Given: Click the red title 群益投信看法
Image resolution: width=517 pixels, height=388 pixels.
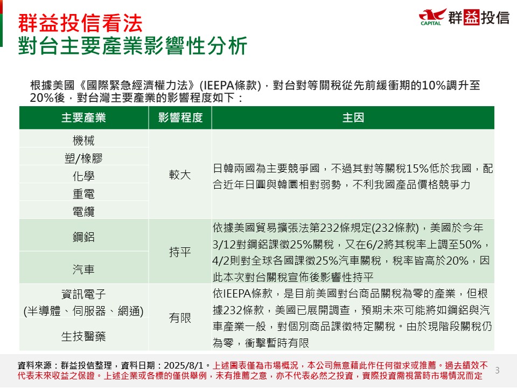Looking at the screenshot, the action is tap(80, 23).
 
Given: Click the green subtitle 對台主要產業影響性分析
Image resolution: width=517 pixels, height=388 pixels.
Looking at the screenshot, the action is tap(132, 45).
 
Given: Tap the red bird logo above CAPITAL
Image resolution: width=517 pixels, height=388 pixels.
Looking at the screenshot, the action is tap(432, 15).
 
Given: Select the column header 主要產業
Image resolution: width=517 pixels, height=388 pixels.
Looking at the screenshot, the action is tap(83, 118).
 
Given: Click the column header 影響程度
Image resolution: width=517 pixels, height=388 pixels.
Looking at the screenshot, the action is tap(180, 118).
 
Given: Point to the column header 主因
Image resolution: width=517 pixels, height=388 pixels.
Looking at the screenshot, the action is tap(353, 118).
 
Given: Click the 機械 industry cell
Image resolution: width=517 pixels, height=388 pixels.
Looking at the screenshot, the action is tap(83, 141).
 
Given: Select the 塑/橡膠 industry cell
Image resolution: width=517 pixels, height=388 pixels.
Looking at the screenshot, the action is tap(83, 158).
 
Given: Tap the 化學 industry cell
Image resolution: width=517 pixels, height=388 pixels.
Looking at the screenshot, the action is tap(83, 176).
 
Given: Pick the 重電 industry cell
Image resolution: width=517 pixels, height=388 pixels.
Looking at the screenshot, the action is tap(83, 194).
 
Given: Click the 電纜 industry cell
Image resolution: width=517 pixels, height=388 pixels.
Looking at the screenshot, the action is tap(83, 211).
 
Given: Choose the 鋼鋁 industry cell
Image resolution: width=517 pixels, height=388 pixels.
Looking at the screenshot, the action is tap(83, 237).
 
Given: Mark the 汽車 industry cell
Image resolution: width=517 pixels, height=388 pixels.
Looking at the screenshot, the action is tap(83, 269).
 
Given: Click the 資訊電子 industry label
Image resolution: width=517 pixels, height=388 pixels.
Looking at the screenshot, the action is tap(83, 294).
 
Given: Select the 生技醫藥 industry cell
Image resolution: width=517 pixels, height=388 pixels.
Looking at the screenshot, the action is tap(83, 336).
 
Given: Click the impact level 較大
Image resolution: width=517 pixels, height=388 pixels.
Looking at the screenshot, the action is tap(180, 175).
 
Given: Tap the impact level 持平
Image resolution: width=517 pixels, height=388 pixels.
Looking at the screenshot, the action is tap(180, 252).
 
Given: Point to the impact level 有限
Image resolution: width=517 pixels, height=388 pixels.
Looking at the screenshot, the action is tap(180, 318).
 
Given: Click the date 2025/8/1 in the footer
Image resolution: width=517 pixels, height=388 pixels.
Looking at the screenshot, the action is tap(183, 365).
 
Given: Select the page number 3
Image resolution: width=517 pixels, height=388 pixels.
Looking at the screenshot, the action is tap(498, 371).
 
